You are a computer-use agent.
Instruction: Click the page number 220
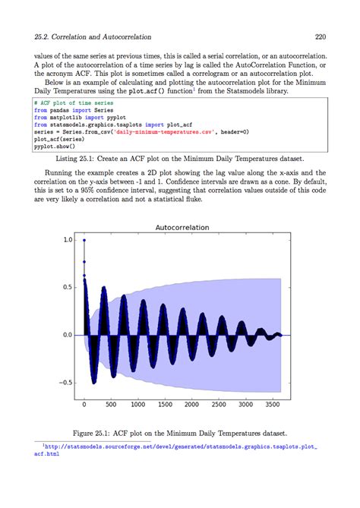(x=321, y=36)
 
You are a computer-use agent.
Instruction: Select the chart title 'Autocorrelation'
(x=182, y=227)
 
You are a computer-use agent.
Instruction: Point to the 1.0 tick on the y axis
(x=68, y=240)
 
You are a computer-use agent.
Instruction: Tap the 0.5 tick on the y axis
(x=68, y=287)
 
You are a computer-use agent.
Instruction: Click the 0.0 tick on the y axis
(x=68, y=335)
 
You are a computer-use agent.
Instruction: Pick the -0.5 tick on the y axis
(x=66, y=382)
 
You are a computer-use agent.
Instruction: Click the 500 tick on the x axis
(x=111, y=405)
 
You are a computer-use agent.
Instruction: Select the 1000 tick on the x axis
(x=138, y=405)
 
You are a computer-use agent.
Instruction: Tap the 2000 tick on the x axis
(x=192, y=405)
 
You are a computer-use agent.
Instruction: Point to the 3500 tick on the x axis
(x=273, y=405)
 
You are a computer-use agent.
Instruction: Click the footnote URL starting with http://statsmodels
(x=179, y=448)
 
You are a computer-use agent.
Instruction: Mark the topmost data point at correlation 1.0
(x=84, y=240)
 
